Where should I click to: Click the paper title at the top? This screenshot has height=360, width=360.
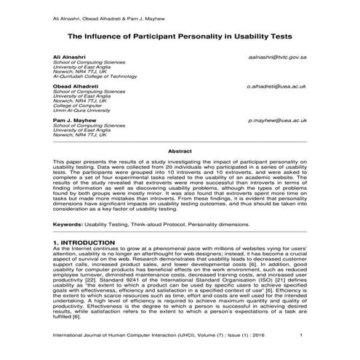(x=180, y=33)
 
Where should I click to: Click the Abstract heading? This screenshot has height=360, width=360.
(x=180, y=150)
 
